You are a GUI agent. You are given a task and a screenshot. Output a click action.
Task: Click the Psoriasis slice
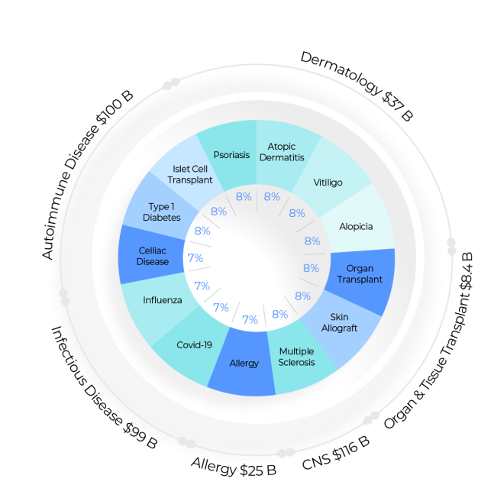(231, 154)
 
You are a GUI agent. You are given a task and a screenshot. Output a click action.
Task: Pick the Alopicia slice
(356, 227)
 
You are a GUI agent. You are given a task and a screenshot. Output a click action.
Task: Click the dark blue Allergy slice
(244, 363)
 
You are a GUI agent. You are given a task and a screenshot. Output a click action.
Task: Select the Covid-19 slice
(194, 344)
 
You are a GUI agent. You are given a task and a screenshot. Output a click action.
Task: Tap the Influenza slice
(162, 299)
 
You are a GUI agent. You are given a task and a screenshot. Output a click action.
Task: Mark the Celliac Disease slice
(153, 256)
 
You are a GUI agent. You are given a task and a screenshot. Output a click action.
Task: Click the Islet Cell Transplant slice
(190, 174)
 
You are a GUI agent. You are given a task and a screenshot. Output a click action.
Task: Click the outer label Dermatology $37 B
(356, 86)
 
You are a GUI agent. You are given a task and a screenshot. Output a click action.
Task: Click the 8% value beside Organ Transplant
(311, 268)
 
